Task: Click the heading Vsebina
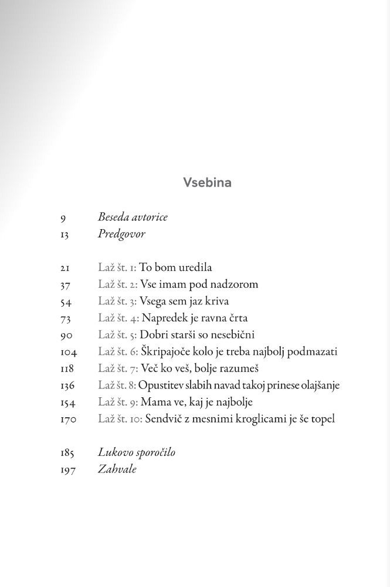point(207,182)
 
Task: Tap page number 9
point(63,218)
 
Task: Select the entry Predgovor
point(121,234)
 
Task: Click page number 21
point(65,268)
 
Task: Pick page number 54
point(65,301)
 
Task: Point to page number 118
point(67,368)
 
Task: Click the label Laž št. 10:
point(120,419)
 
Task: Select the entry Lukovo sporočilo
point(137,452)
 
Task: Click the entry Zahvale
point(117,469)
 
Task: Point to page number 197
point(67,469)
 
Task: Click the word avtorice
point(150,217)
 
